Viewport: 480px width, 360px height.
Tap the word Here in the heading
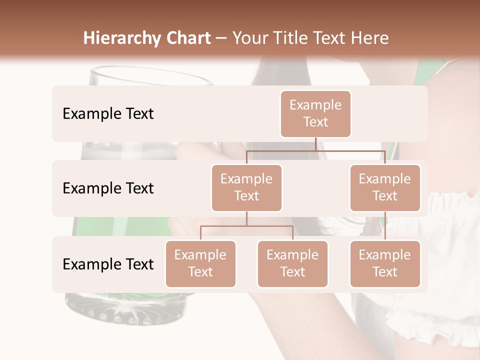coord(370,38)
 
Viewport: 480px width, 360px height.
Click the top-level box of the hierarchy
coord(315,113)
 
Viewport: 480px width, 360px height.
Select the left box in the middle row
coord(246,187)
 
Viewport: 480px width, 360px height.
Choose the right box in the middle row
coord(385,187)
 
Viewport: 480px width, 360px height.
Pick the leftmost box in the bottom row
coord(200,263)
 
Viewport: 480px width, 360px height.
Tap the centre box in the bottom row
coord(292,263)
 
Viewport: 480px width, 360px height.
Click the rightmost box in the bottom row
coord(385,263)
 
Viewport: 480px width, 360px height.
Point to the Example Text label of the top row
coord(108,113)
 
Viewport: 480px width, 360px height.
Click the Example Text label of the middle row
coord(108,188)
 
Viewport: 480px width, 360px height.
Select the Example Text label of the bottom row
coord(108,264)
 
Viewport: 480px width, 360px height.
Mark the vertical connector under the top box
coord(315,144)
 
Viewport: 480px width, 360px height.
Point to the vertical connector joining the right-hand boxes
coord(385,225)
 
